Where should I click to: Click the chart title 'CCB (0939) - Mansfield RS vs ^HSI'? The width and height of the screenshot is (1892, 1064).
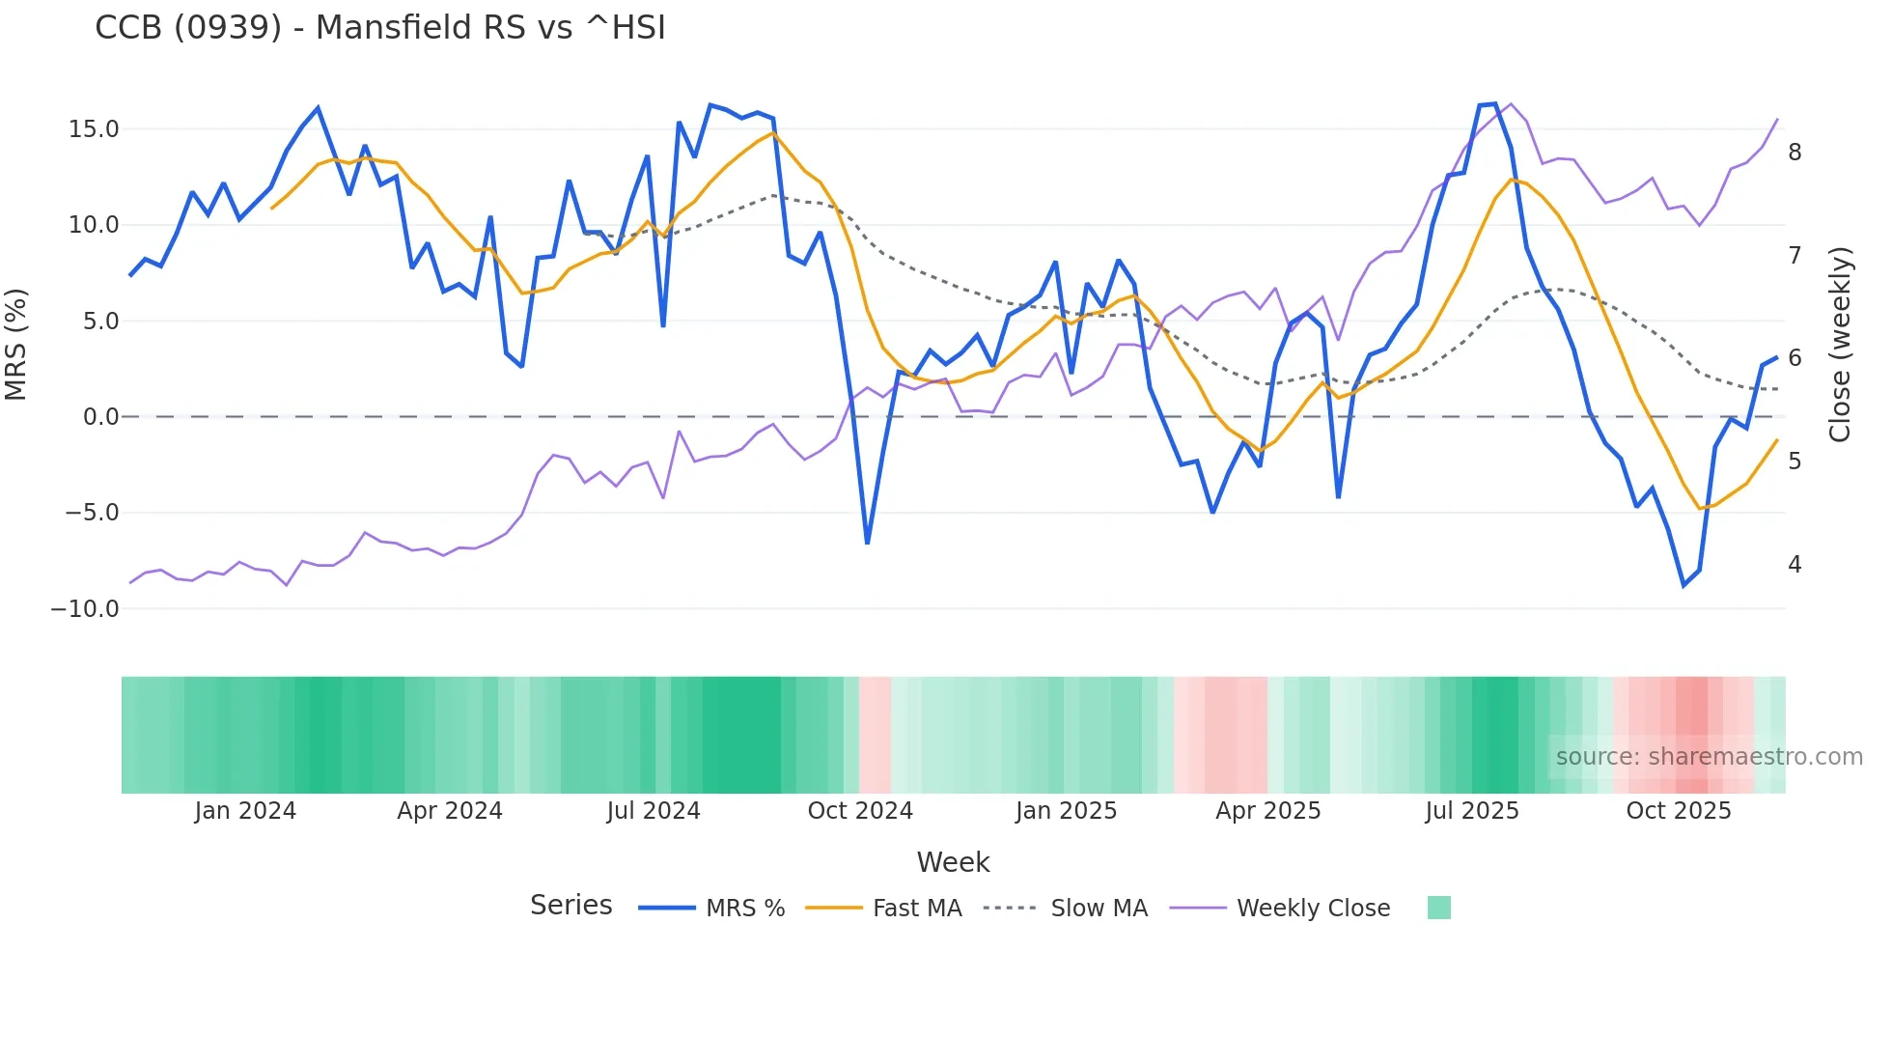380,28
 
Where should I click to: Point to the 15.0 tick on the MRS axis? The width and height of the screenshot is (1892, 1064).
94,129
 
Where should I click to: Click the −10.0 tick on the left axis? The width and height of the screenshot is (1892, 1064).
85,609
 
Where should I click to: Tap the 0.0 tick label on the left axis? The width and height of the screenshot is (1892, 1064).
100,417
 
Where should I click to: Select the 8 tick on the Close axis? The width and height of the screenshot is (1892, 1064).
1795,153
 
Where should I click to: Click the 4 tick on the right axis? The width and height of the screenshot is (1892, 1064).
1795,564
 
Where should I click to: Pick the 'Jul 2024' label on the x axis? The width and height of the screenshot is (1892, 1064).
654,811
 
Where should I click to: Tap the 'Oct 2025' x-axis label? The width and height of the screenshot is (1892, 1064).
1679,811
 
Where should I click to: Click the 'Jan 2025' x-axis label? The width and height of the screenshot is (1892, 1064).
1066,811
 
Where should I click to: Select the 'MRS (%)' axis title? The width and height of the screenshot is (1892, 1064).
16,344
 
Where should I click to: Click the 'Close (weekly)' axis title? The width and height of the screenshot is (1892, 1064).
1840,345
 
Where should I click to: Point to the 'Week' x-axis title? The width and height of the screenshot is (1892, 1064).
953,862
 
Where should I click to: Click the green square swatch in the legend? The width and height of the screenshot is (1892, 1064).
1438,908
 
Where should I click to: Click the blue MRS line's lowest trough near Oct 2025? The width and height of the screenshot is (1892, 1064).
1683,585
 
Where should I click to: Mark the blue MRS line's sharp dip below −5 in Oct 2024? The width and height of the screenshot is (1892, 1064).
867,543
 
